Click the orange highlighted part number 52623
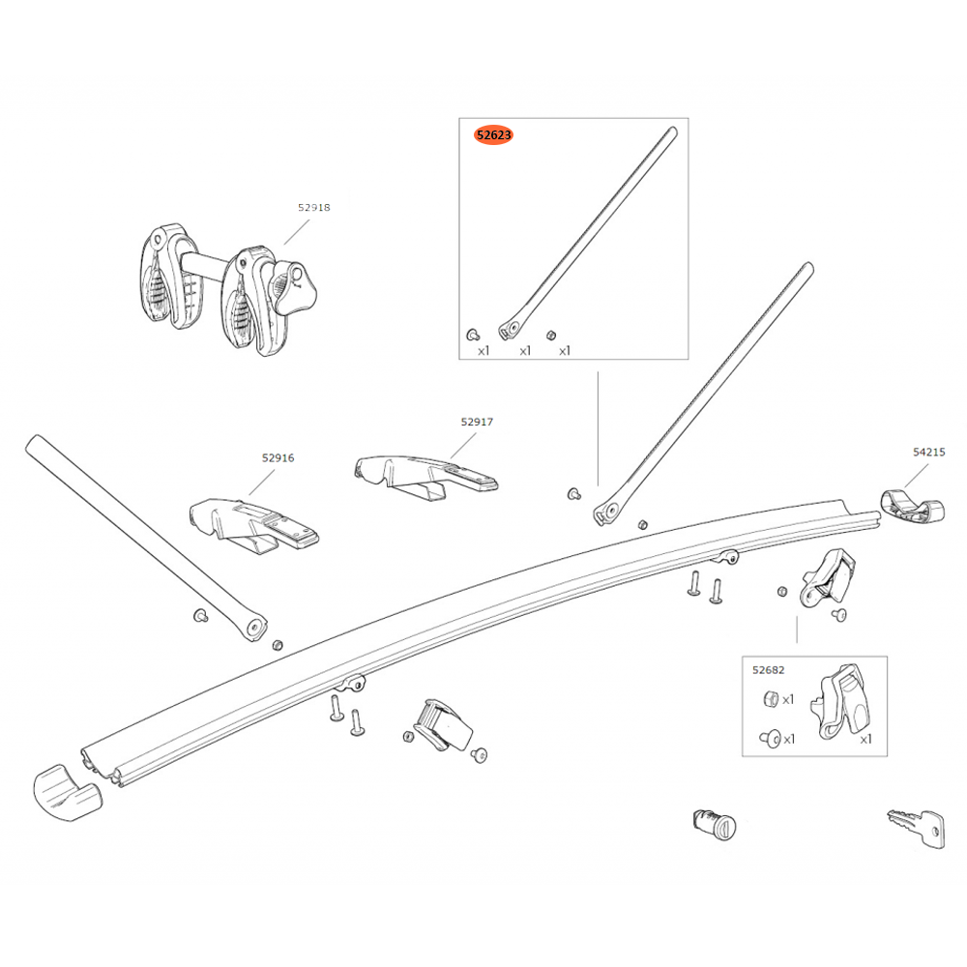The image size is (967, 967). (493, 135)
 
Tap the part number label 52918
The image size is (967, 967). (313, 207)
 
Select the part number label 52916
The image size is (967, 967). (277, 458)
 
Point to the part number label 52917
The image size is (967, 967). (477, 422)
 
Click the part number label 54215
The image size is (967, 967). (928, 452)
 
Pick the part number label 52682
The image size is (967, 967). (769, 668)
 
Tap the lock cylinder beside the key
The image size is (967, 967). (714, 827)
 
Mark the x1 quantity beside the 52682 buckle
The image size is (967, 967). (865, 738)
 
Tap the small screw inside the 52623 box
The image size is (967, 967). (472, 334)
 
